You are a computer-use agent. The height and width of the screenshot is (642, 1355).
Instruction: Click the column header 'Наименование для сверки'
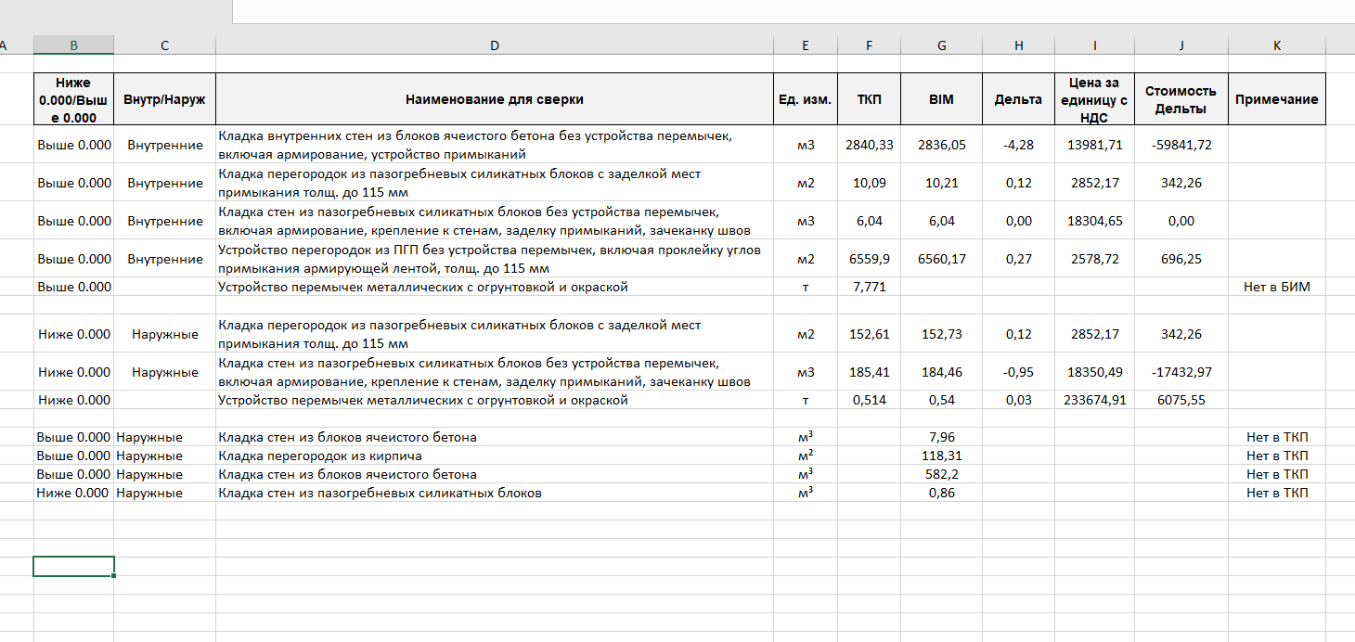(x=494, y=99)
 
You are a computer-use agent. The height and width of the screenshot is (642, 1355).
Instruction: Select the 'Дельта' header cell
(x=1018, y=99)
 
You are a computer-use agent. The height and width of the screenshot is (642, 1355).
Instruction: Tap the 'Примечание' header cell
(x=1276, y=99)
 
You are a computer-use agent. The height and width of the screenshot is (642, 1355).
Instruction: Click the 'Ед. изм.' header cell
(x=805, y=99)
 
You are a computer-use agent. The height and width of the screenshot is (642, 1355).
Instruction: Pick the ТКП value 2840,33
(x=869, y=145)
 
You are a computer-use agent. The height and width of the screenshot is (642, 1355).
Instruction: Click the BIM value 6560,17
(x=941, y=259)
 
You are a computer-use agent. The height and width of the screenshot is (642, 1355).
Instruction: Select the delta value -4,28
(x=1018, y=145)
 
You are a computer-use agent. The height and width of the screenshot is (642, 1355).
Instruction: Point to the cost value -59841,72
(x=1181, y=145)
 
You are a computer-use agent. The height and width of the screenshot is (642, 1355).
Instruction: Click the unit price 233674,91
(x=1095, y=401)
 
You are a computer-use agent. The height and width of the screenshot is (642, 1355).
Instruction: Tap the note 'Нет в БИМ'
(x=1276, y=288)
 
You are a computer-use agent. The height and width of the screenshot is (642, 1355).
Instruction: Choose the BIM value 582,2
(x=941, y=474)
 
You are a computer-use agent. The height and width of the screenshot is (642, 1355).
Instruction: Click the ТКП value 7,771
(x=869, y=288)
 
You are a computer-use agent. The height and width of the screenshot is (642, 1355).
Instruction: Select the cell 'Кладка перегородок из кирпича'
(x=319, y=456)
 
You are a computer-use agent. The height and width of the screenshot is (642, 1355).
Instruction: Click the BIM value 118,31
(x=941, y=456)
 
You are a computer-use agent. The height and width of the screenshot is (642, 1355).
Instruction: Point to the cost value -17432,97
(x=1181, y=372)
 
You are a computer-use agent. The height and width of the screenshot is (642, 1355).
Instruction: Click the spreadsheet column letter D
(x=494, y=45)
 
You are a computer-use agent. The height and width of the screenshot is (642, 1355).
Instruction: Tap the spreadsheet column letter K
(x=1276, y=45)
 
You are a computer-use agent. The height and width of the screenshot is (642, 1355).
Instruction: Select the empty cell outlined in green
(x=73, y=566)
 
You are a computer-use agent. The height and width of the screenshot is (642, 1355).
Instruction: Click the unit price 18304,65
(x=1095, y=221)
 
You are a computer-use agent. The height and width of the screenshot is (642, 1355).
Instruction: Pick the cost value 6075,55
(x=1181, y=401)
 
